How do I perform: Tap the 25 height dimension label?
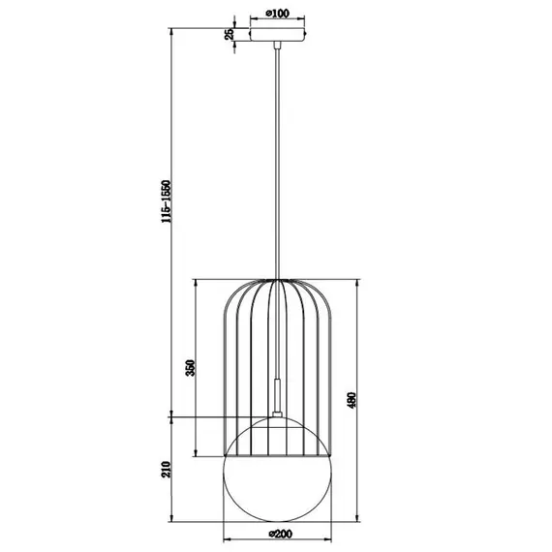point(230,34)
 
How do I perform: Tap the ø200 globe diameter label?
point(278,533)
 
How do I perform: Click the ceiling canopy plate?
point(278,35)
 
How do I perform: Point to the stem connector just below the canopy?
point(278,46)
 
